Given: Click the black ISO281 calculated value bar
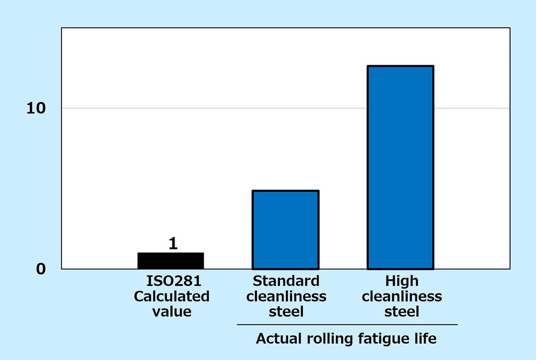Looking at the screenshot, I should pos(171,261).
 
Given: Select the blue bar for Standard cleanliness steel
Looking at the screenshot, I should pos(285,230).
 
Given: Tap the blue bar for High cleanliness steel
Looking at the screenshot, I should pos(400,167).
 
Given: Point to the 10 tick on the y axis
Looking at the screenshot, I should pos(36,109).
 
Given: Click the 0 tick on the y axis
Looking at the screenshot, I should pos(41,269).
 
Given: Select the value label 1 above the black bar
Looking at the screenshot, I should pos(173,243).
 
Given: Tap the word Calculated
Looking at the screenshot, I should pos(172,296).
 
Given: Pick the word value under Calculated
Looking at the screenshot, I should pos(172,311).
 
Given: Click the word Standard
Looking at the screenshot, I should pos(286,281).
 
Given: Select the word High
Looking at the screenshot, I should pos(402,281).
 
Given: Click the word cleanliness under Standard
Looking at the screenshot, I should pos(286,296).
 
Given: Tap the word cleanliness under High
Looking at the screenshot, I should pos(402,296).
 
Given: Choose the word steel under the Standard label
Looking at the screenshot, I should pos(286,311).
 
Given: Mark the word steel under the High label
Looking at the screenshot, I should pos(402,311).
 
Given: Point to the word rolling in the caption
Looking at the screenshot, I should pos(326,339).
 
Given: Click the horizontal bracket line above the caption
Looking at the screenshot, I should pos(347,324).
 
